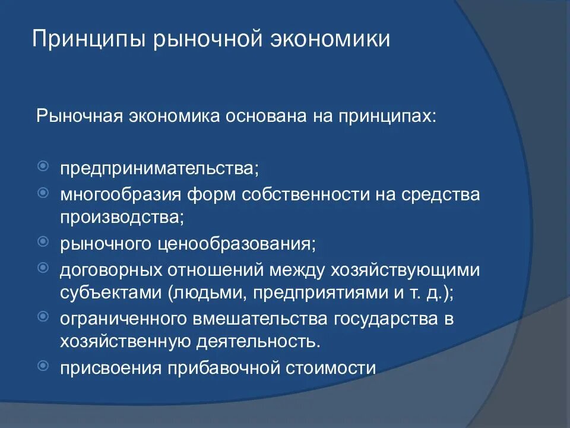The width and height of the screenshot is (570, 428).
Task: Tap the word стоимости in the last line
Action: point(332,368)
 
